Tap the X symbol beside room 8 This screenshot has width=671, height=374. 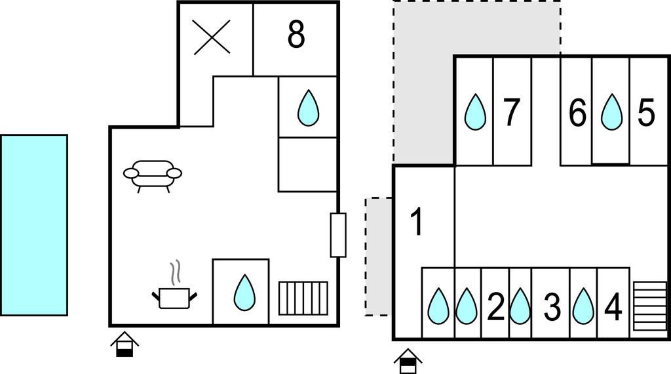pyautogui.click(x=212, y=37)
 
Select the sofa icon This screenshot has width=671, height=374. pyautogui.click(x=153, y=176)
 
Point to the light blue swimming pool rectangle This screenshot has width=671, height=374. pyautogui.click(x=34, y=225)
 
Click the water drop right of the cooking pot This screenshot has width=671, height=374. pyautogui.click(x=245, y=293)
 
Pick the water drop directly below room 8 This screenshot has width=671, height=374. pyautogui.click(x=308, y=108)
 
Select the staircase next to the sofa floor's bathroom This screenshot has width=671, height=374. pyautogui.click(x=303, y=298)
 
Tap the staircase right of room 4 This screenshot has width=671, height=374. pyautogui.click(x=649, y=306)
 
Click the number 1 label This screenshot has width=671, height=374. pyautogui.click(x=416, y=222)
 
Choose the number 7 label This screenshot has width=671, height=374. pyautogui.click(x=511, y=112)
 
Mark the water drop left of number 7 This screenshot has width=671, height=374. pyautogui.click(x=476, y=112)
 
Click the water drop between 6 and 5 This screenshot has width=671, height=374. pyautogui.click(x=611, y=112)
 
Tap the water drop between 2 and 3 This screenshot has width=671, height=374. pyautogui.click(x=520, y=306)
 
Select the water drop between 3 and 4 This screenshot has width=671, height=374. pyautogui.click(x=583, y=306)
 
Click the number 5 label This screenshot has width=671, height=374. pyautogui.click(x=646, y=113)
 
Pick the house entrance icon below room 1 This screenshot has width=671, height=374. pyautogui.click(x=408, y=361)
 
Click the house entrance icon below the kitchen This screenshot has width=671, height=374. pyautogui.click(x=125, y=344)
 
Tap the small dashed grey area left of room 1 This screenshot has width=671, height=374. pyautogui.click(x=379, y=257)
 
